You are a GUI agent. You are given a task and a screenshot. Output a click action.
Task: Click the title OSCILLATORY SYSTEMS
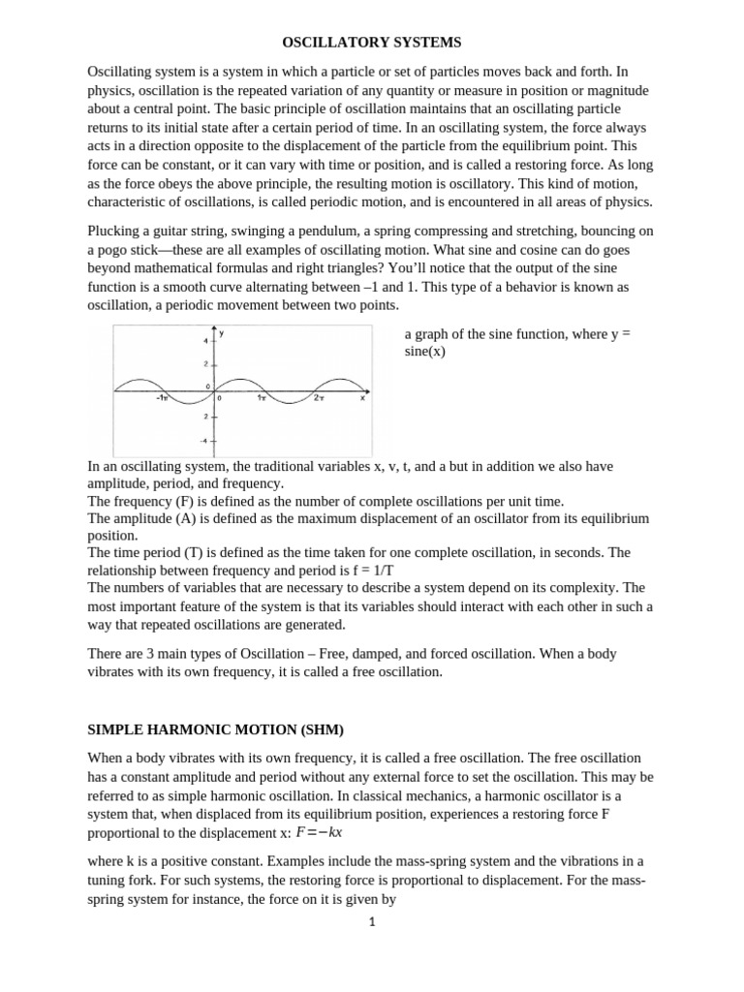pyautogui.click(x=372, y=43)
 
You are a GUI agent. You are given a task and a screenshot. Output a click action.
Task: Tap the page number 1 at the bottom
pyautogui.click(x=371, y=922)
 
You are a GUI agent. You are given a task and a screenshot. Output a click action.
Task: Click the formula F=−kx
pyautogui.click(x=321, y=833)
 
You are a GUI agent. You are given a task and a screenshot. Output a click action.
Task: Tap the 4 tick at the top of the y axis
pyautogui.click(x=204, y=341)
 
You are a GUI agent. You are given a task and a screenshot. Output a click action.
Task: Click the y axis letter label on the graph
pyautogui.click(x=222, y=333)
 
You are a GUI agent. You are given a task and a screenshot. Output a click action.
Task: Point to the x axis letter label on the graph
pyautogui.click(x=362, y=397)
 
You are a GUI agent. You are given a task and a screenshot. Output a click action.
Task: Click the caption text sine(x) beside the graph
pyautogui.click(x=424, y=351)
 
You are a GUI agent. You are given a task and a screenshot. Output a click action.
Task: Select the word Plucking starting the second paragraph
pyautogui.click(x=114, y=231)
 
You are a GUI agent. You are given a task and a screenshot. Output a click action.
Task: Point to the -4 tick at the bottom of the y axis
pyautogui.click(x=203, y=440)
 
